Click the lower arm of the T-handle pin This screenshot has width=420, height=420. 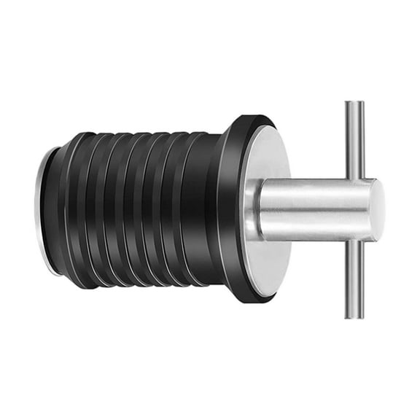(354, 280)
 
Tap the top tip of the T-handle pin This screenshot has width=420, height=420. (354, 104)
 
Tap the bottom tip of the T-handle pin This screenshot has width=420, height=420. (354, 316)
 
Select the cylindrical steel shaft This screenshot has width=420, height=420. (314, 209)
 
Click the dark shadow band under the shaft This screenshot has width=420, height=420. (314, 235)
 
